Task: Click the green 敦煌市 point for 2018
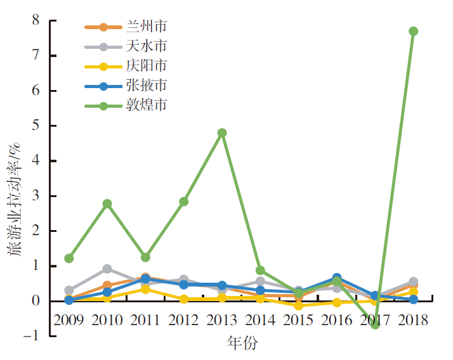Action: coord(413,31)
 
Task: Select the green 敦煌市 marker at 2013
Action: coord(222,133)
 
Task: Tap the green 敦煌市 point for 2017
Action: coord(375,325)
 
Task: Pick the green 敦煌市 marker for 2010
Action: coord(107,203)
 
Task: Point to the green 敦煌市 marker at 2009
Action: coord(69,259)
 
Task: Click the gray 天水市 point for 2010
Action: coord(107,269)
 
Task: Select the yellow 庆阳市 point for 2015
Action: coord(298,305)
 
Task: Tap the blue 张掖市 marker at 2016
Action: coord(336,278)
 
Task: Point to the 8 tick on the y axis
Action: coord(35,20)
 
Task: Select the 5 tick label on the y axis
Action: coord(35,125)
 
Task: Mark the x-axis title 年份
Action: coord(243,344)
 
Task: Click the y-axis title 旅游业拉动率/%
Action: coord(15,196)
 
